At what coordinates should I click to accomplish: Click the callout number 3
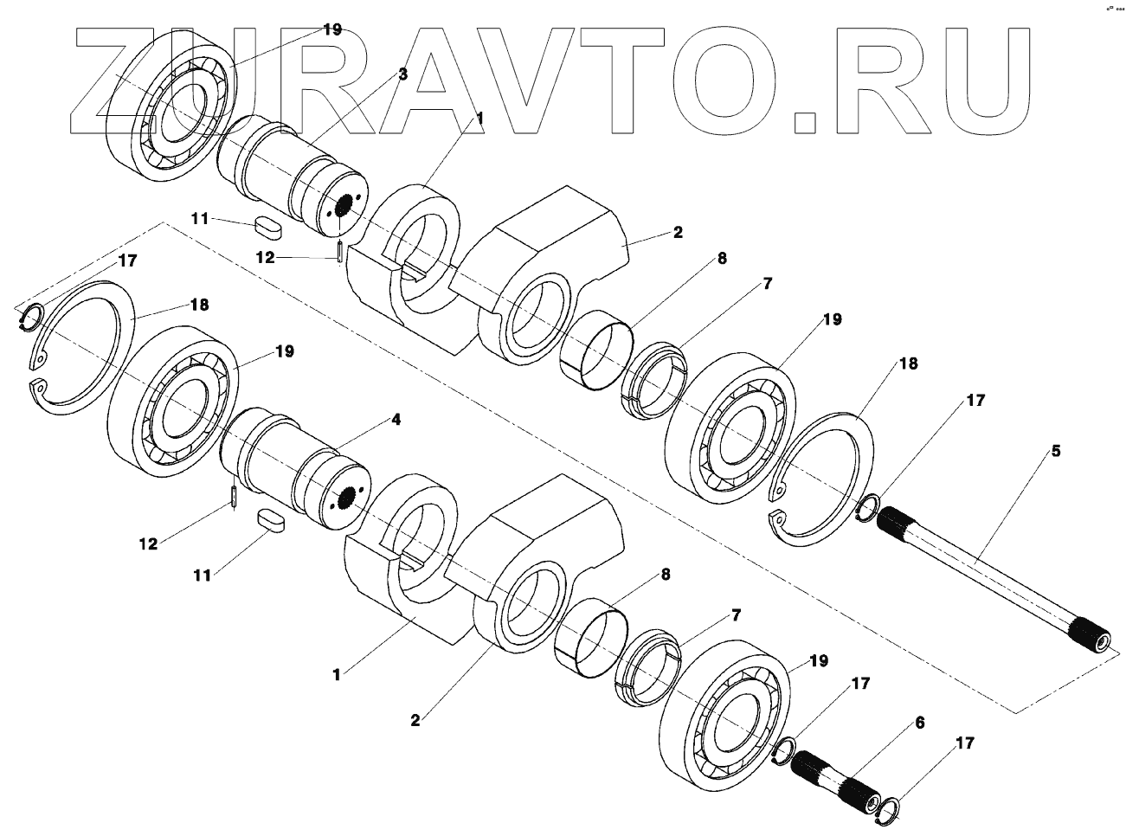[x=402, y=74]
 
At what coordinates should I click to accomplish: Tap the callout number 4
[x=396, y=420]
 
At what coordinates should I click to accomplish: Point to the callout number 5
[x=1055, y=451]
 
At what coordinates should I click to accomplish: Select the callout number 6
[x=919, y=722]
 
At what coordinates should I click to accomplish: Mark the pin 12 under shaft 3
[x=340, y=252]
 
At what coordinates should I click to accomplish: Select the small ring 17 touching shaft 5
[x=867, y=509]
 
